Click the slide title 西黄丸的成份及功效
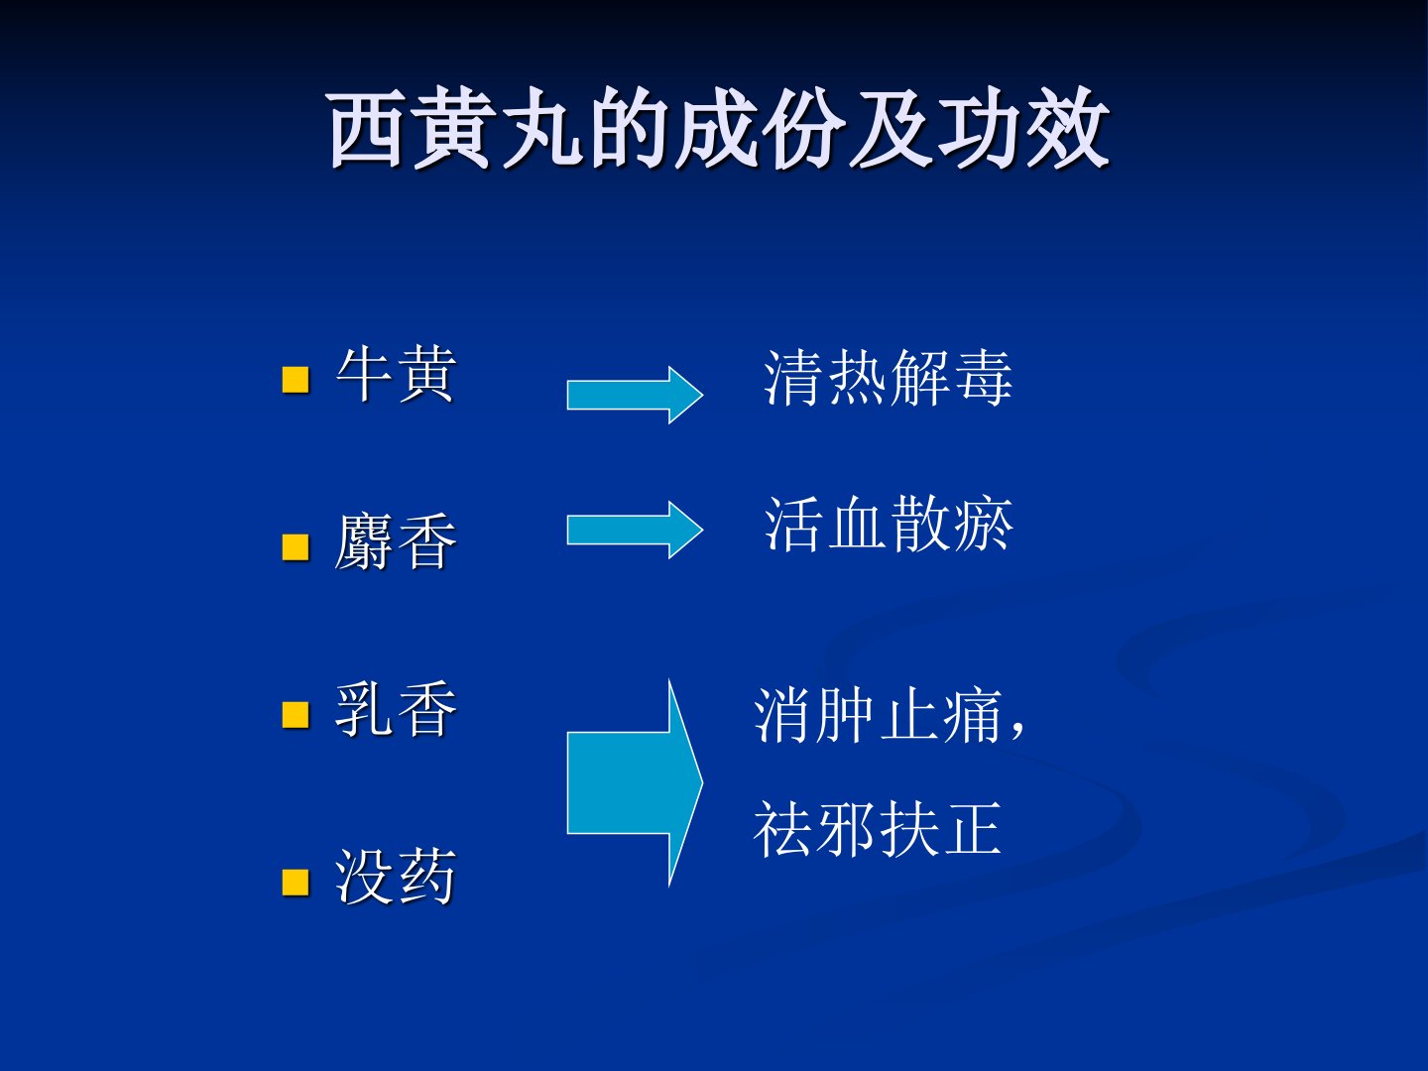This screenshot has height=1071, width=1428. coord(718,128)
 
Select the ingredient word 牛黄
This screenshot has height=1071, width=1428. coord(396,375)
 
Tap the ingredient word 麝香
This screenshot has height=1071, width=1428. coord(396,542)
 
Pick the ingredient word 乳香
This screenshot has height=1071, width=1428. coord(396,709)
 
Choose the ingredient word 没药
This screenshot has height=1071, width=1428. coord(396,877)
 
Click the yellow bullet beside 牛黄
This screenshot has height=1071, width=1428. coord(296,380)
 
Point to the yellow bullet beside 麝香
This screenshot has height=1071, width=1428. coord(296,547)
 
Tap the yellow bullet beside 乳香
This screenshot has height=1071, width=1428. coord(296,715)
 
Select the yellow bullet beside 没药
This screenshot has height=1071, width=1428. coord(296,883)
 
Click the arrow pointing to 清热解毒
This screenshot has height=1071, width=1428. coord(635,395)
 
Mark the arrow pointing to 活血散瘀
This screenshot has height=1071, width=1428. coord(635,530)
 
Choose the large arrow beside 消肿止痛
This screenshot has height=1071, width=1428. coord(635,783)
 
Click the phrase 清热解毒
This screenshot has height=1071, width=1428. coord(888,378)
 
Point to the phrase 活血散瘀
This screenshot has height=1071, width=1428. coord(888,525)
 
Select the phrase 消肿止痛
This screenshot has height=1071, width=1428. coord(878,715)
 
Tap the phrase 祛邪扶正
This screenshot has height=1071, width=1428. coord(878,828)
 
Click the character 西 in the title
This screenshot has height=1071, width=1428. coord(366,128)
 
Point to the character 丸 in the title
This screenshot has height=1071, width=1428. coord(541,128)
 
